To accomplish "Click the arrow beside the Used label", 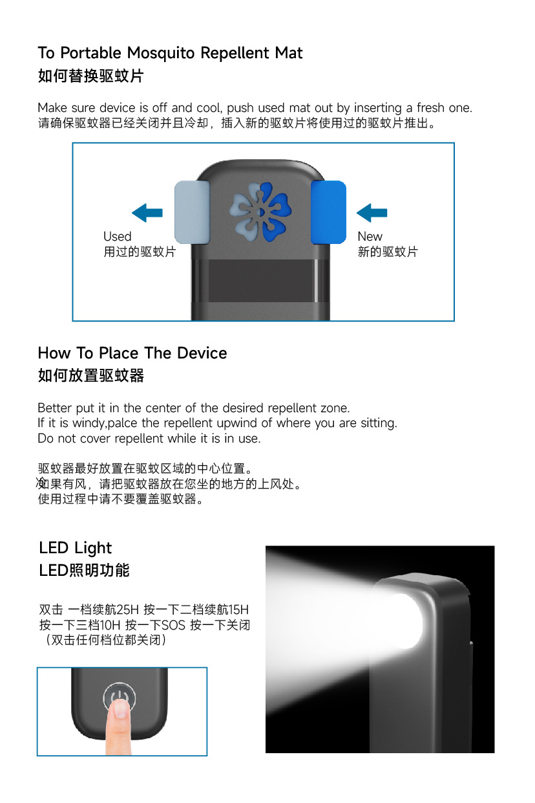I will (147, 212).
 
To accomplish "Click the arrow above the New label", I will (372, 212).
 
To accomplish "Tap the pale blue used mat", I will (192, 212).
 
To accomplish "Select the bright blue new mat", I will (328, 212).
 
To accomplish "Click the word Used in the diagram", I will (117, 237).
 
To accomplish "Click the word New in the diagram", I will (370, 237).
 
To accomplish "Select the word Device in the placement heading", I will (202, 353).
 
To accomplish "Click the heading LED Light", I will (75, 548).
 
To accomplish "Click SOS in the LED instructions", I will (173, 625).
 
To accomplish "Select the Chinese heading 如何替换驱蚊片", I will (90, 76).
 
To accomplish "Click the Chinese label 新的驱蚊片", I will (388, 252).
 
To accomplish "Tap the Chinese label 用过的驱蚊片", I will (140, 252).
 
